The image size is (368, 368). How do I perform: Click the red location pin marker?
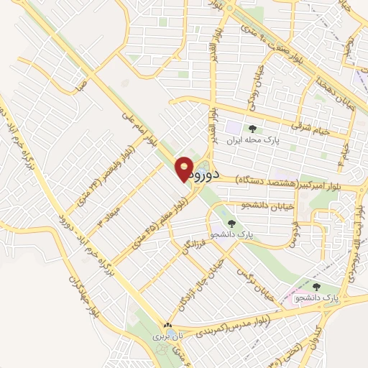185,170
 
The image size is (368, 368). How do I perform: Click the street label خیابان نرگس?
262,285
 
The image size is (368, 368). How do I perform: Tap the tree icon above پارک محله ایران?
252,129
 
